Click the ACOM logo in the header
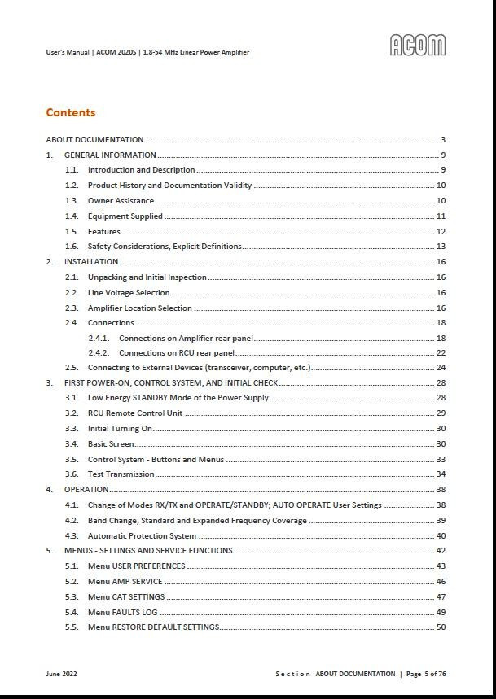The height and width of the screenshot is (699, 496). point(418,46)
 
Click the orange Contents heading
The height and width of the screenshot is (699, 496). point(71,112)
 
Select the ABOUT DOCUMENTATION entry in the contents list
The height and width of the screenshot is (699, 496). point(94,140)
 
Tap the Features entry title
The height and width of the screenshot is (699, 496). point(104,232)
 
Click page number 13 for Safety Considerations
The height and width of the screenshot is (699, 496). point(441,247)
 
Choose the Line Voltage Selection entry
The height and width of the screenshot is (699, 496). point(129,293)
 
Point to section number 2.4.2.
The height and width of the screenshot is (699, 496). point(98,353)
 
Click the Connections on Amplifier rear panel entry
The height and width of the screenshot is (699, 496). point(186,339)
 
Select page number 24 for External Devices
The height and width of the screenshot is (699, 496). point(441,368)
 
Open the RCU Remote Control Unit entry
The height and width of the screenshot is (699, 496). point(135,413)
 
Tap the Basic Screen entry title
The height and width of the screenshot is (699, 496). point(111,444)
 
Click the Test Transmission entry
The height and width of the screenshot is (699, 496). point(121,474)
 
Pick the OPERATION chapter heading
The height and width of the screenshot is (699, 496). point(86,490)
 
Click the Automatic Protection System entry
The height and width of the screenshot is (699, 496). point(142,536)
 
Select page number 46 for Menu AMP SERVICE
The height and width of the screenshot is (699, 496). point(441,582)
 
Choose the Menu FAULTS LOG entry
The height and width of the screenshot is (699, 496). point(122,612)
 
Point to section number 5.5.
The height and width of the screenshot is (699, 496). point(72,627)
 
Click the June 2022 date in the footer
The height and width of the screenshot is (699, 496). point(62,674)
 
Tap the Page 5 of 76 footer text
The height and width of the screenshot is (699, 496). point(426,674)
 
